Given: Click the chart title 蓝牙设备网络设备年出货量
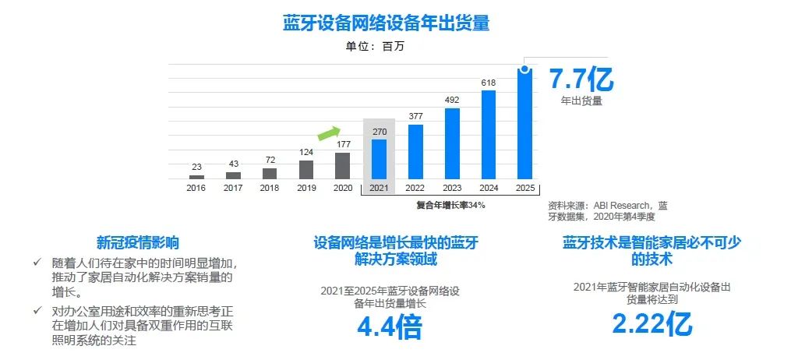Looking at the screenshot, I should tap(386, 23).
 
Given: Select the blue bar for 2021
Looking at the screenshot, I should tap(379, 160).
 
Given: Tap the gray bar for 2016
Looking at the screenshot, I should tap(196, 177).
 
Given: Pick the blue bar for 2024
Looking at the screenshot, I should tap(489, 136).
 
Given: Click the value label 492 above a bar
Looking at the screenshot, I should tap(452, 100).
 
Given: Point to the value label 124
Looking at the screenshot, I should tap(306, 151).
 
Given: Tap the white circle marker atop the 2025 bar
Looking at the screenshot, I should tap(525, 69).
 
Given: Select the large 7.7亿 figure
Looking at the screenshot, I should tap(581, 79).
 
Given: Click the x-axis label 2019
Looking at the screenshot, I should tap(306, 188).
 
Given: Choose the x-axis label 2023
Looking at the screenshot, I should tap(452, 188).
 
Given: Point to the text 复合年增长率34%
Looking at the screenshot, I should tap(450, 205).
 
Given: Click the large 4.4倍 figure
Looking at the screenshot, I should tap(389, 327).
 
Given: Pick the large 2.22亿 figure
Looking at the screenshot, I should tap(652, 323).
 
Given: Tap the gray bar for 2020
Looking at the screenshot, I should tap(342, 166).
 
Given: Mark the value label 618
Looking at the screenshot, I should tap(489, 82).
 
